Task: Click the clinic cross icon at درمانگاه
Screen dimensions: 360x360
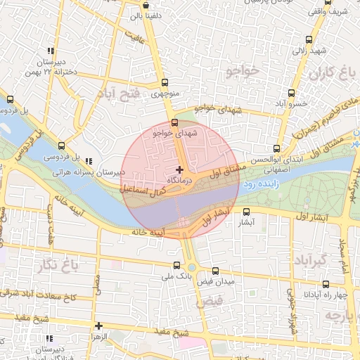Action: (x=180, y=169)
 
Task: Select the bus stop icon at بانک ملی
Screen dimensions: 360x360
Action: (x=176, y=265)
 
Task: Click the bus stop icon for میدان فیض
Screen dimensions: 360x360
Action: (x=215, y=271)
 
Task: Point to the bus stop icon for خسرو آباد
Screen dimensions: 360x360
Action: (x=291, y=93)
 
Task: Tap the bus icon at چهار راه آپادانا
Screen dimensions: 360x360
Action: (x=326, y=284)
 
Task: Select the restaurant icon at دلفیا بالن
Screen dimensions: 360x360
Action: (x=145, y=14)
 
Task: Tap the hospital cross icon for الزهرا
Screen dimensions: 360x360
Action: (x=99, y=326)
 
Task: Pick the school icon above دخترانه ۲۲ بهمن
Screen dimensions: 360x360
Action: (x=50, y=51)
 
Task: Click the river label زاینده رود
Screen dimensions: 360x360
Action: (x=262, y=184)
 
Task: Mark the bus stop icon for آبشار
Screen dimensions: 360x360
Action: (x=245, y=212)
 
